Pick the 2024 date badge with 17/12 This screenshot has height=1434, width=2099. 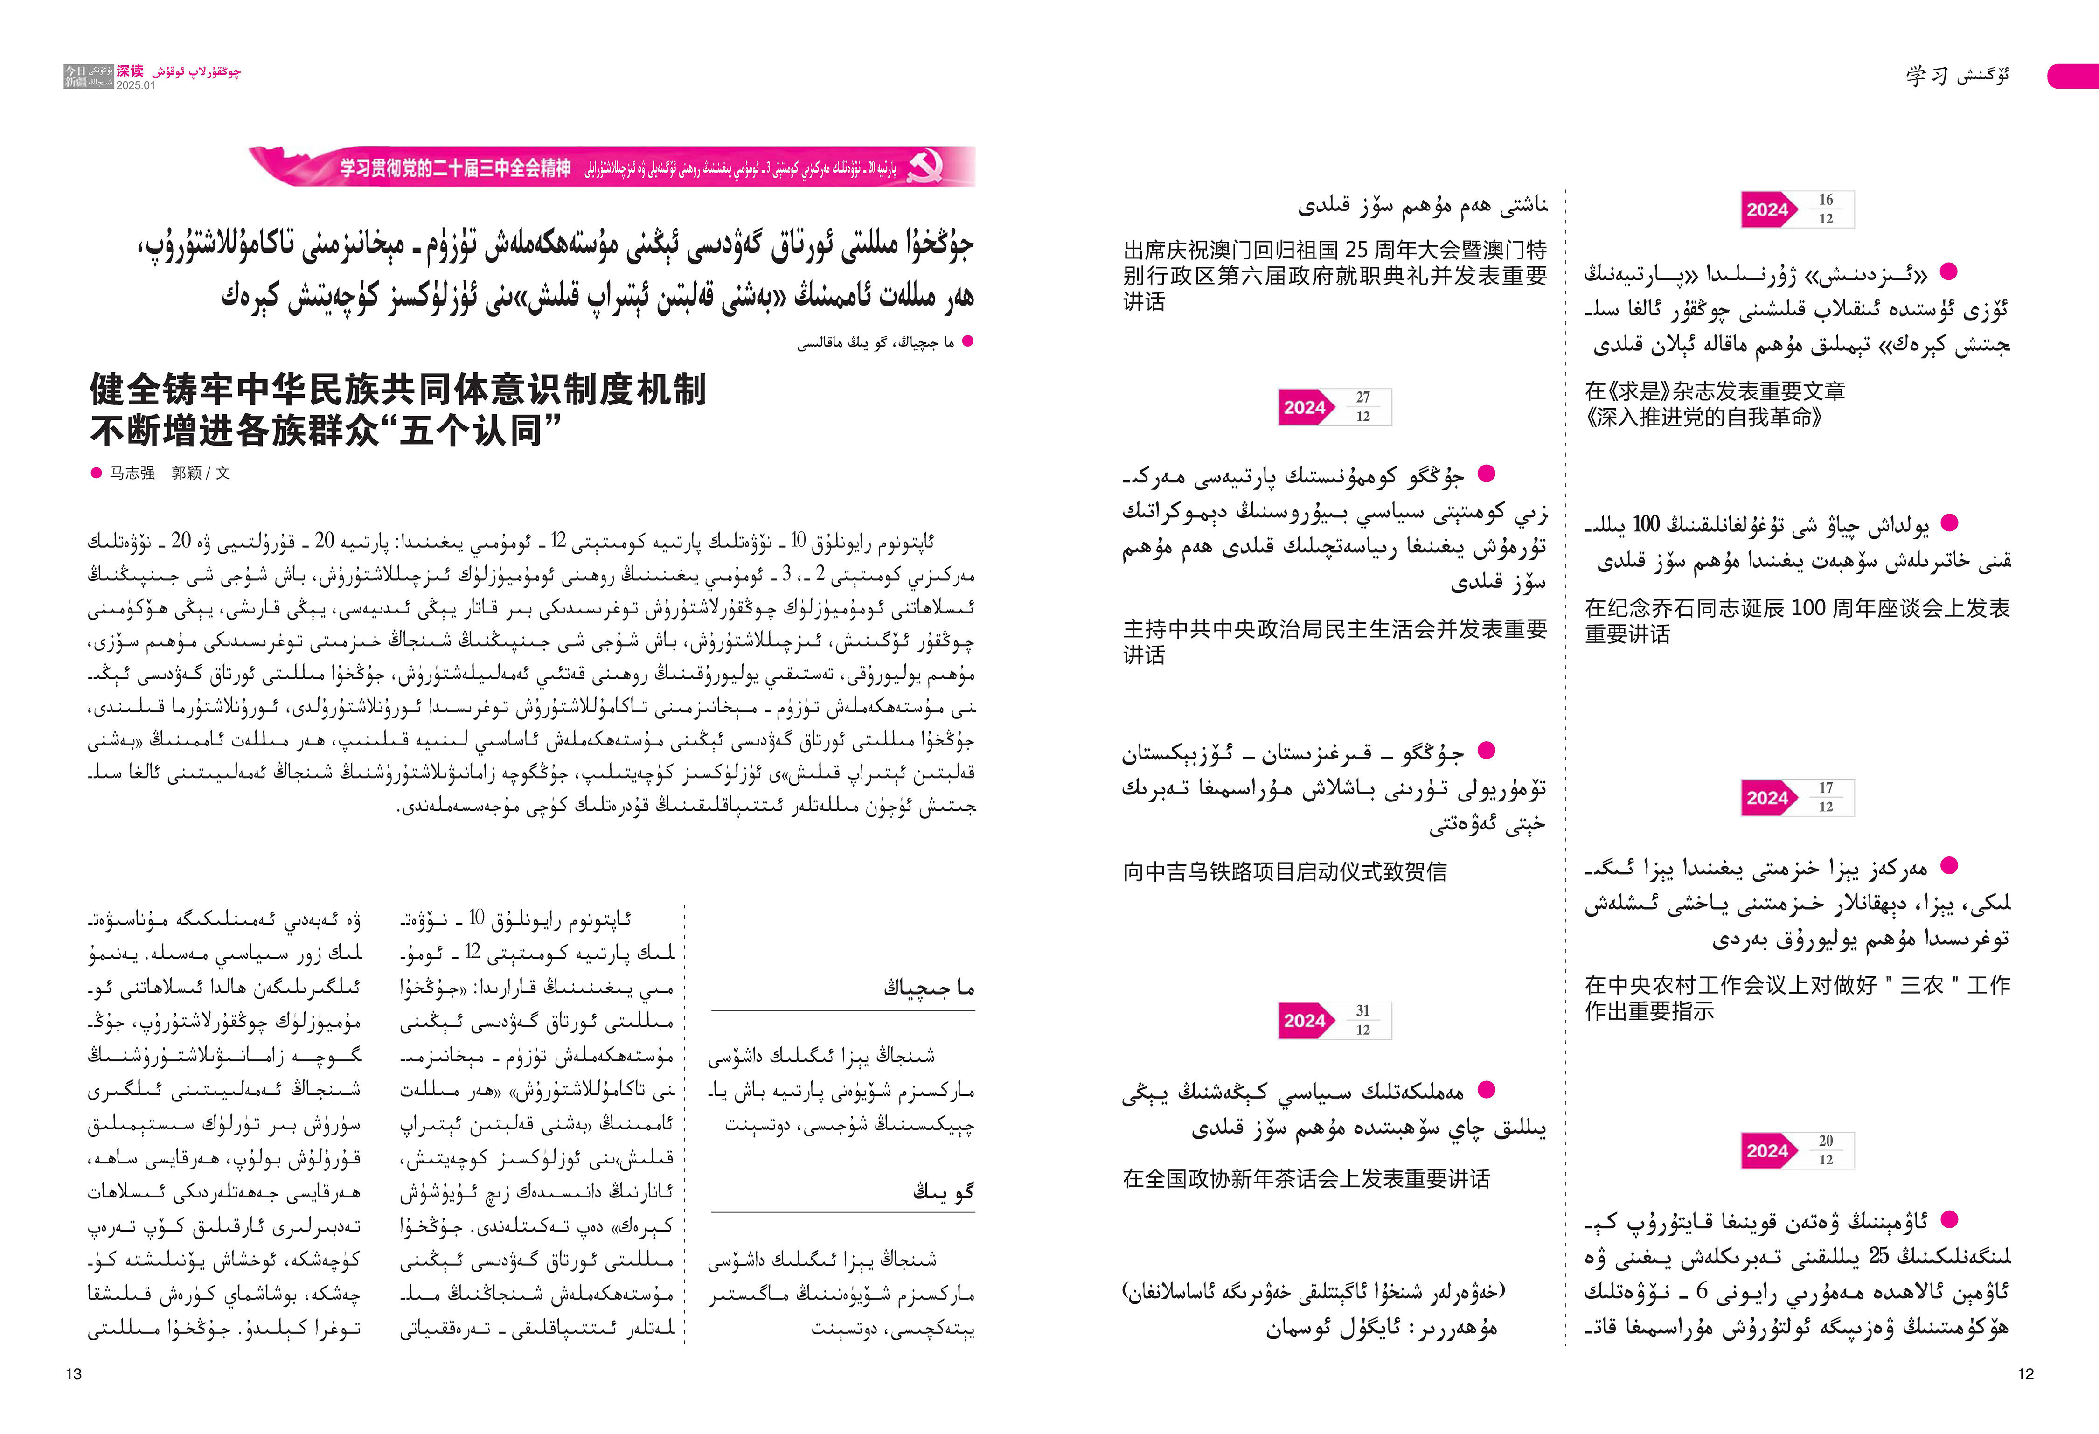point(1797,797)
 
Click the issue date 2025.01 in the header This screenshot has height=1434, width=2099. point(135,86)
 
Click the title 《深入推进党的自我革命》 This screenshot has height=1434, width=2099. point(1703,417)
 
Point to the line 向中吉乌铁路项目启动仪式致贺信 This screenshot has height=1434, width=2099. point(1284,871)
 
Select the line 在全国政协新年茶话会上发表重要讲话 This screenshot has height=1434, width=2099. point(1306,1178)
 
